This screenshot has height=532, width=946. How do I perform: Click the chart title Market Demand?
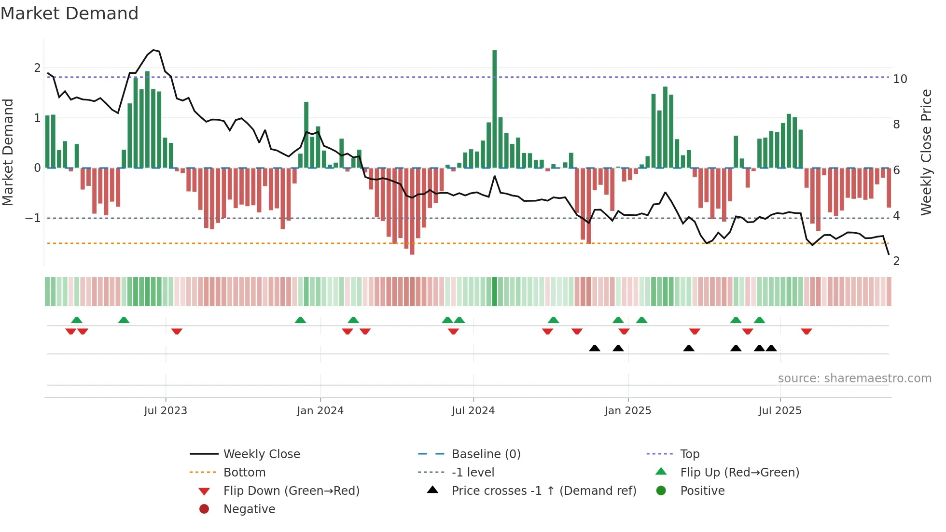70,14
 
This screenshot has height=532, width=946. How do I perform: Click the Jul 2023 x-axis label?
166,411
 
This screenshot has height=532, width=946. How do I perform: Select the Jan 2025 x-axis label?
627,411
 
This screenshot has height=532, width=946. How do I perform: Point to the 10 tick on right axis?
900,79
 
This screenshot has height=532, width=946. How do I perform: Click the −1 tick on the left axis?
33,218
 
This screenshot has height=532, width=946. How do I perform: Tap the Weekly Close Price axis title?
926,152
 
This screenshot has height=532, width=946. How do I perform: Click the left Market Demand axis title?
8,152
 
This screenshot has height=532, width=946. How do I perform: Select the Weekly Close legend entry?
261,454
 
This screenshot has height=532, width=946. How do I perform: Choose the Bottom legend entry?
244,473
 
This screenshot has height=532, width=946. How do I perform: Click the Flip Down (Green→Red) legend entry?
291,491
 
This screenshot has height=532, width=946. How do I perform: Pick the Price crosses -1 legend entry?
543,491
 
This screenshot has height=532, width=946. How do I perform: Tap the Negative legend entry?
249,509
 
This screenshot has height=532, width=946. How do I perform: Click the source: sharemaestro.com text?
854,378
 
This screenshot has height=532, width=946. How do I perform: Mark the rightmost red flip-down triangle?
806,331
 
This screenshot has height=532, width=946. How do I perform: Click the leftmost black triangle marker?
595,348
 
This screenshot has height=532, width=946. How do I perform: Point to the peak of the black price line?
153,50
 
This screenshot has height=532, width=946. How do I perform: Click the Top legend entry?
690,454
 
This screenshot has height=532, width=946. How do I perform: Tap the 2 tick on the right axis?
896,261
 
